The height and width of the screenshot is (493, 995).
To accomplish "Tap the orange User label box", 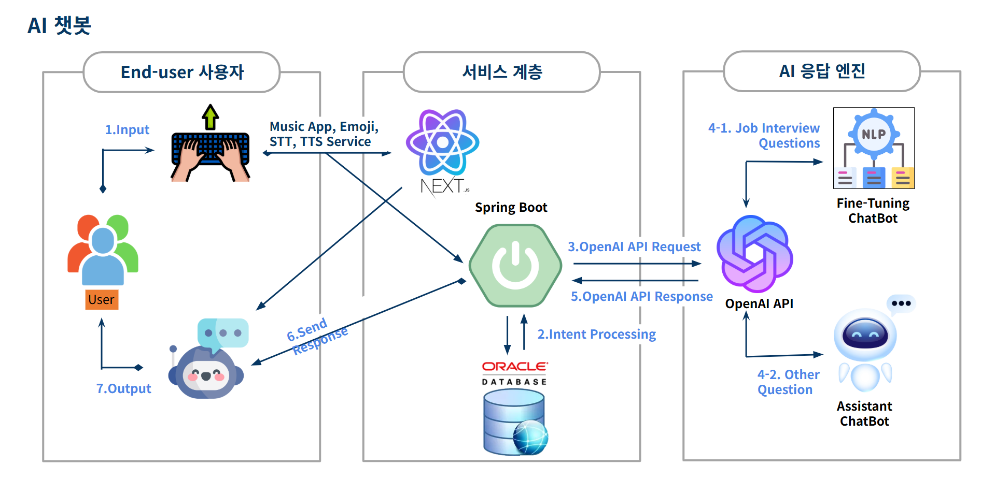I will (102, 300).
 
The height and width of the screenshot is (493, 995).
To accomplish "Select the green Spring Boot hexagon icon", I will (515, 265).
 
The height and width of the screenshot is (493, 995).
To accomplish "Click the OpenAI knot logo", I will (755, 254).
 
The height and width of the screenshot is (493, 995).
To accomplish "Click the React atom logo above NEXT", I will (442, 142).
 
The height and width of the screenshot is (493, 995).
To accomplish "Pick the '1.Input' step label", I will (127, 129).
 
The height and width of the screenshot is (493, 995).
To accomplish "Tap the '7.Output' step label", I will (123, 388).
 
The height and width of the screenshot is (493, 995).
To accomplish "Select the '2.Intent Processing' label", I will (596, 335).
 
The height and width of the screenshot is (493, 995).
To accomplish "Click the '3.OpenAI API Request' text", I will (634, 247).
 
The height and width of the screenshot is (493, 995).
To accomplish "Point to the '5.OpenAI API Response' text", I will (641, 297).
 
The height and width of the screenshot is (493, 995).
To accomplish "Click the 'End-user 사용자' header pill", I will (181, 72).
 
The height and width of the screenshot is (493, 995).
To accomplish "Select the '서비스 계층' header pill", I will (501, 72).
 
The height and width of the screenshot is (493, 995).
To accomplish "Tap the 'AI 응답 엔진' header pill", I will (821, 71).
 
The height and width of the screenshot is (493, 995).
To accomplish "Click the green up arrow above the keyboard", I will (211, 117).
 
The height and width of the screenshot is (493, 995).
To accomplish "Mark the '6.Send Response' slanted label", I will (317, 337).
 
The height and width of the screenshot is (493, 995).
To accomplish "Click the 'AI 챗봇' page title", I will (59, 25).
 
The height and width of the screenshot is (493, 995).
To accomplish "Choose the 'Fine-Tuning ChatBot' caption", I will (873, 211).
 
